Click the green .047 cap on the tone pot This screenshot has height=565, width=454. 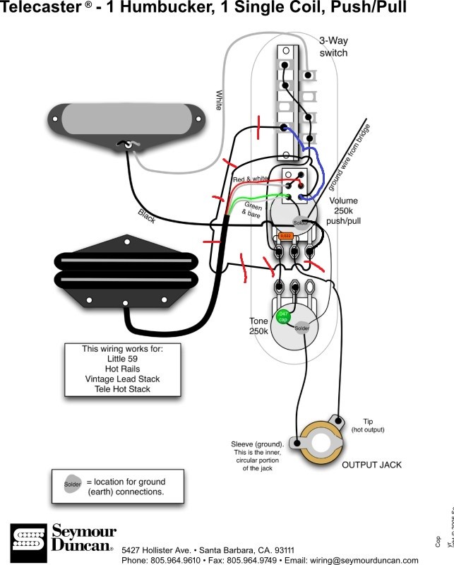(x=283, y=316)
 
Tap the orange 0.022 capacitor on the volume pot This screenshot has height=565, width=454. (x=285, y=235)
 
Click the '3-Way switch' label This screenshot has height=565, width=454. (x=333, y=47)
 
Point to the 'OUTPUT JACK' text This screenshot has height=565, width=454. (x=371, y=465)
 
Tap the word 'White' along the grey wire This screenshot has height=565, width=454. (x=219, y=100)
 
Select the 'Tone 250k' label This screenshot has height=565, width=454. (x=258, y=326)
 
